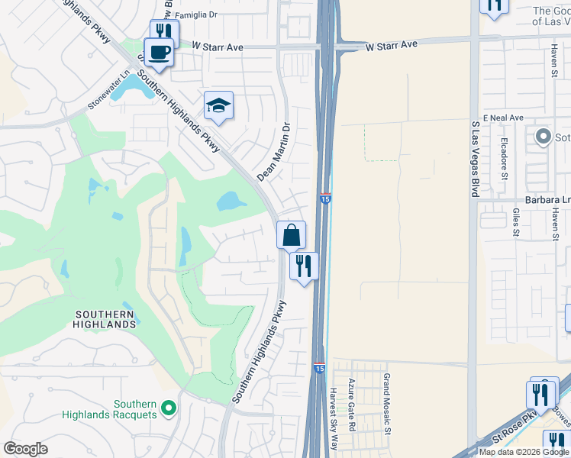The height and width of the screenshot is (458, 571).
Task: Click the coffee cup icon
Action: [x=158, y=53]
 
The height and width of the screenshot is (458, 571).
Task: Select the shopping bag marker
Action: [x=291, y=235]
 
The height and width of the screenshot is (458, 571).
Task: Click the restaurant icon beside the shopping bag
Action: [x=304, y=266]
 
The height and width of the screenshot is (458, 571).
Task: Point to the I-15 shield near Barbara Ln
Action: [x=325, y=198]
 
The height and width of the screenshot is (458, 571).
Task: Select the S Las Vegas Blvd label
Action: [x=475, y=158]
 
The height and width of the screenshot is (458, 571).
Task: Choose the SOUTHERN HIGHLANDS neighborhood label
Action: [x=105, y=319]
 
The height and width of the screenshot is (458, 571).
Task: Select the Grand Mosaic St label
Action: [x=387, y=405]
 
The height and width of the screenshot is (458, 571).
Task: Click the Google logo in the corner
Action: [x=25, y=449]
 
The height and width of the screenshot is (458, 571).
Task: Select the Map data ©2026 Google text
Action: [x=523, y=452]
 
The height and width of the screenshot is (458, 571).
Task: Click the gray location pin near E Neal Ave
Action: [x=544, y=137]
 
